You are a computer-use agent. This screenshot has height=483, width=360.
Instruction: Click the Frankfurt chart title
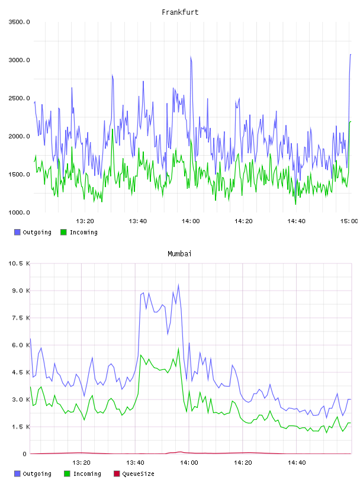pyautogui.click(x=180, y=12)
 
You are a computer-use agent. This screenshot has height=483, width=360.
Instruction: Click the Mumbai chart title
pyautogui.click(x=179, y=254)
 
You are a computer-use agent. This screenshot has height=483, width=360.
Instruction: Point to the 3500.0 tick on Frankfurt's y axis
pyautogui.click(x=19, y=22)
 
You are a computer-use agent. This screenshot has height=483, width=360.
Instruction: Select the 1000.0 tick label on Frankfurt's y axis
pyautogui.click(x=19, y=212)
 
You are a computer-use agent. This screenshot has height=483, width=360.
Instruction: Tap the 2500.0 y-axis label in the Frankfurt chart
pyautogui.click(x=19, y=98)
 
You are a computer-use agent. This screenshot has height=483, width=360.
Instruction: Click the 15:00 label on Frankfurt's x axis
pyautogui.click(x=349, y=221)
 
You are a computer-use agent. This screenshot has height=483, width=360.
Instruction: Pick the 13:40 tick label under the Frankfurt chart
pyautogui.click(x=138, y=221)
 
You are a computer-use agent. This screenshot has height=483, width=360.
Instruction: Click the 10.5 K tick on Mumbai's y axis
pyautogui.click(x=19, y=263)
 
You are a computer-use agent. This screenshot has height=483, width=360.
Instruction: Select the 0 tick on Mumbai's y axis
pyautogui.click(x=24, y=454)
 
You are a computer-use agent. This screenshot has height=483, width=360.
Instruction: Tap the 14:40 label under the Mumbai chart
pyautogui.click(x=297, y=463)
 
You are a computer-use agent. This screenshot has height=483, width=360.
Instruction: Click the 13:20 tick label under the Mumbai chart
pyautogui.click(x=81, y=463)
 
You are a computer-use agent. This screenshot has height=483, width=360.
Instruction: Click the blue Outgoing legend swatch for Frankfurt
pyautogui.click(x=17, y=232)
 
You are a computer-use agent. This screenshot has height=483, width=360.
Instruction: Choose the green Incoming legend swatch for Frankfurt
pyautogui.click(x=63, y=232)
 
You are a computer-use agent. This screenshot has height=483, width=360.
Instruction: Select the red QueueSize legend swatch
pyautogui.click(x=117, y=474)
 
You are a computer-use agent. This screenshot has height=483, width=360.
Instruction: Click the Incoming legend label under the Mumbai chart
pyautogui.click(x=87, y=474)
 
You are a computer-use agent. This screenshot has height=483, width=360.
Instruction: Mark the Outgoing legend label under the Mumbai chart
pyautogui.click(x=37, y=474)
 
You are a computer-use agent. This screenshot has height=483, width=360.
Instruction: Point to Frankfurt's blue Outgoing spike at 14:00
pyautogui.click(x=191, y=56)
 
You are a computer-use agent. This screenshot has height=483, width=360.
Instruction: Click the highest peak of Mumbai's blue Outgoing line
pyautogui.click(x=178, y=285)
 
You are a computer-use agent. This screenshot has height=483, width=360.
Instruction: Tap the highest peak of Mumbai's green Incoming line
pyautogui.click(x=178, y=348)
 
